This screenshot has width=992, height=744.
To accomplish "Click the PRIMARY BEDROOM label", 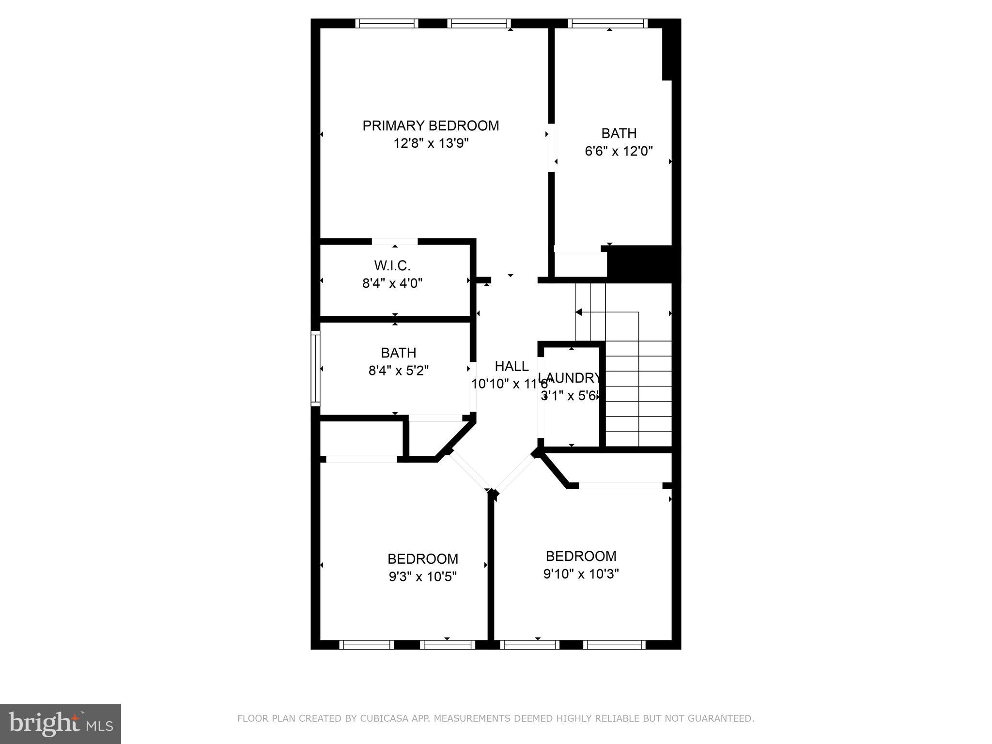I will (431, 126).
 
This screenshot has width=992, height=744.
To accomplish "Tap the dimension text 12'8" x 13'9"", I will (431, 144).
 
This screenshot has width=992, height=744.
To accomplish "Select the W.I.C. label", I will (392, 266).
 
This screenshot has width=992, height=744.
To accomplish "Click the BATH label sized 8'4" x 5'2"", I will (398, 353).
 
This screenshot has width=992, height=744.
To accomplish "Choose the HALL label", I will (511, 366).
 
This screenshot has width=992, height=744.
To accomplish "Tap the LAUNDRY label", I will (570, 378).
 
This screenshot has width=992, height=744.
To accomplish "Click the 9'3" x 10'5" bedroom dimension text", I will (422, 577).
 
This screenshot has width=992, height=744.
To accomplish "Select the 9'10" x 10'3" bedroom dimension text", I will (581, 574).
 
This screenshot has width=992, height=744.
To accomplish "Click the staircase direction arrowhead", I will (578, 312).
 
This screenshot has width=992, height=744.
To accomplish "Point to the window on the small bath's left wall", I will (315, 369).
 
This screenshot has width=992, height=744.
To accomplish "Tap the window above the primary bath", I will (607, 23).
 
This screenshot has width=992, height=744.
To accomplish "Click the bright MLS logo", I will (60, 724).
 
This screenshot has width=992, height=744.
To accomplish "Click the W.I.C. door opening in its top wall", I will (394, 242).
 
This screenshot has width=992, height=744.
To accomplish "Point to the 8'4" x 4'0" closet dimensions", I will (392, 283).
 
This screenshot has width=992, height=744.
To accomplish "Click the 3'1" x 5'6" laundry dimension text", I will (570, 396).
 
